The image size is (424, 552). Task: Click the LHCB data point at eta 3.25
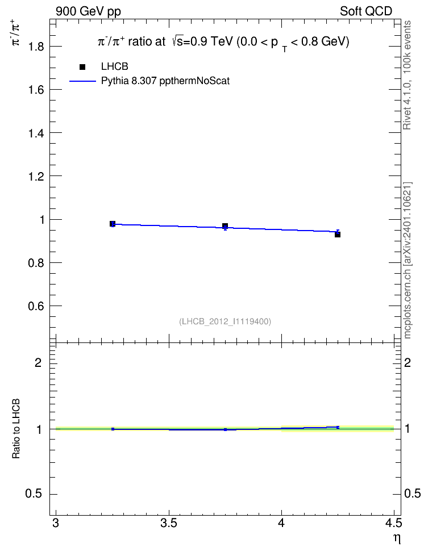pyautogui.click(x=113, y=224)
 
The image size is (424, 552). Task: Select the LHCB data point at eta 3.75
pyautogui.click(x=225, y=225)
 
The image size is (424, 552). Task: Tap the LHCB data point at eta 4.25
pyautogui.click(x=338, y=235)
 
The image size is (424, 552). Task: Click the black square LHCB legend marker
pyautogui.click(x=82, y=67)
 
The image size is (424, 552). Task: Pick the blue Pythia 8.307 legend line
pyautogui.click(x=82, y=81)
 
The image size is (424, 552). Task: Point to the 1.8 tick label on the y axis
pyautogui.click(x=36, y=47)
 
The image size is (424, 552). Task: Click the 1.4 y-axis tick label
pyautogui.click(x=36, y=133)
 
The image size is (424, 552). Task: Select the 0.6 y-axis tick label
pyautogui.click(x=36, y=306)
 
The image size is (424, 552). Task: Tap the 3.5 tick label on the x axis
pyautogui.click(x=169, y=524)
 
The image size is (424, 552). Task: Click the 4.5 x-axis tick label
pyautogui.click(x=393, y=524)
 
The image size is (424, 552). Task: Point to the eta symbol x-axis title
pyautogui.click(x=397, y=538)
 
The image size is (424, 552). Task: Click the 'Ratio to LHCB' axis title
pyautogui.click(x=16, y=429)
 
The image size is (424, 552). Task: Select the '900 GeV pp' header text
pyautogui.click(x=88, y=11)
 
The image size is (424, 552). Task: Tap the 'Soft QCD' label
pyautogui.click(x=366, y=11)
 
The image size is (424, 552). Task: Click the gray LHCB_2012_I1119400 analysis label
pyautogui.click(x=225, y=321)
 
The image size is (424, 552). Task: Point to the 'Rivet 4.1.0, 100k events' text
pyautogui.click(x=407, y=75)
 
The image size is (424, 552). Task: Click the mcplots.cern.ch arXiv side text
pyautogui.click(x=407, y=260)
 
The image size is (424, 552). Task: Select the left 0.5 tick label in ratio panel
pyautogui.click(x=34, y=494)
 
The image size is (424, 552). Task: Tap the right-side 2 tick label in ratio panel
pyautogui.click(x=408, y=362)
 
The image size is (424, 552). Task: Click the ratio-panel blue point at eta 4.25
pyautogui.click(x=338, y=427)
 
